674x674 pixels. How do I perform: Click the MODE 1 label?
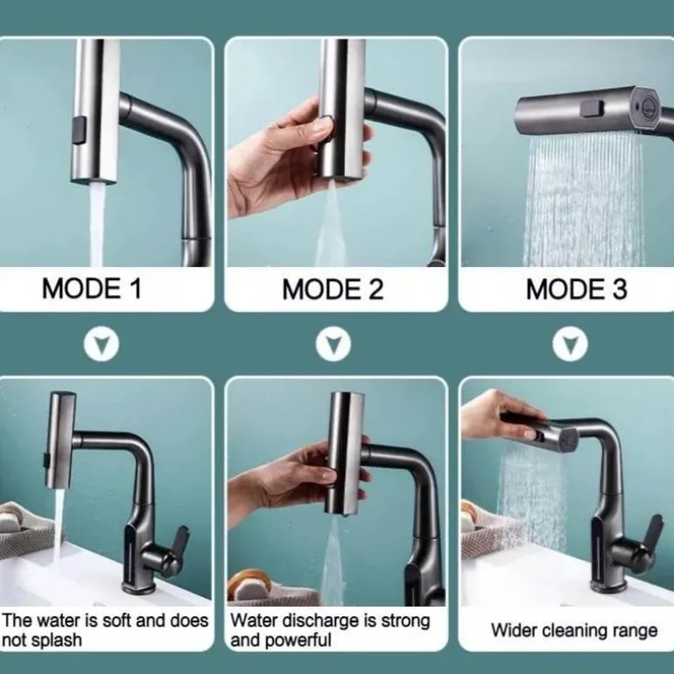[92, 288]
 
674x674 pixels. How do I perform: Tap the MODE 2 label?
[333, 289]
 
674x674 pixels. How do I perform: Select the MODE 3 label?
[577, 289]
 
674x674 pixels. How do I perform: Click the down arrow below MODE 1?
[102, 344]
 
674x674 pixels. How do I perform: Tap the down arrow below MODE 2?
[333, 344]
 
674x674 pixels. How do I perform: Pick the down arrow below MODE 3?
[570, 344]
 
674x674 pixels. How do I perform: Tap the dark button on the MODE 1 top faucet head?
[80, 131]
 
